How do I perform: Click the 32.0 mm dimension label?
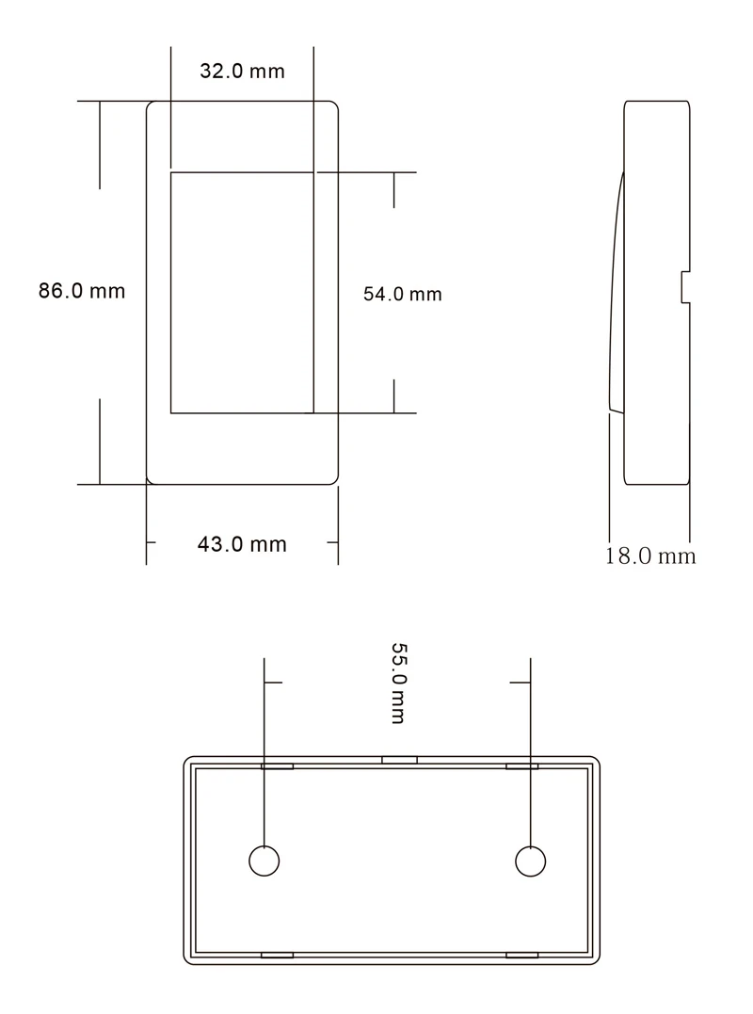[242, 72]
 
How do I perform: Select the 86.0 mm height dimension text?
[81, 291]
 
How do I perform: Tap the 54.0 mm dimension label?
[402, 294]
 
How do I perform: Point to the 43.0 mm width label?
[242, 544]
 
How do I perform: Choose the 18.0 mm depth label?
[649, 555]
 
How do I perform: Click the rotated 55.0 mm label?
[397, 684]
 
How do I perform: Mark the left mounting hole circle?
[264, 861]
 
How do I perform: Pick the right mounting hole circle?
[531, 861]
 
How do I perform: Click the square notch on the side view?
[685, 287]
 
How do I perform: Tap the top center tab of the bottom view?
[399, 759]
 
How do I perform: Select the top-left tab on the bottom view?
[277, 766]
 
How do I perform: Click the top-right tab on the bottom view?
[522, 766]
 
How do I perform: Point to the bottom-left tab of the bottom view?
[277, 955]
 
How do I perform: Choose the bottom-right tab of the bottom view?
[522, 955]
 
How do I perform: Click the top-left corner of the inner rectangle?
[170, 172]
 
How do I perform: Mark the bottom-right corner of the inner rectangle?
[313, 412]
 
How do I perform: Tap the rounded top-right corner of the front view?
[332, 106]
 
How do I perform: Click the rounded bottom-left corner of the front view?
[152, 478]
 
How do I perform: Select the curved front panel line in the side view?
[617, 292]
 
